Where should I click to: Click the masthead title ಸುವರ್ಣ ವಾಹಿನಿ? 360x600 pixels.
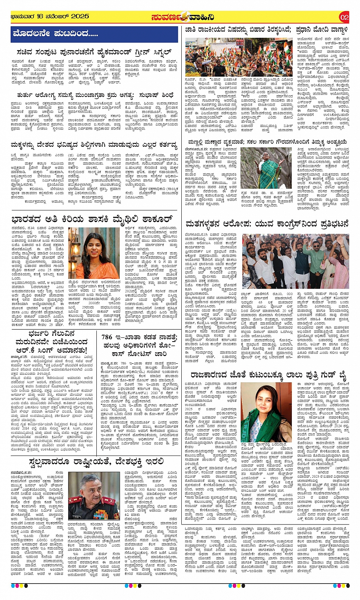pyautogui.click(x=183, y=17)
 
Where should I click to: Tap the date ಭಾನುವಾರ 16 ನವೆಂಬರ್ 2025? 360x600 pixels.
pyautogui.click(x=50, y=16)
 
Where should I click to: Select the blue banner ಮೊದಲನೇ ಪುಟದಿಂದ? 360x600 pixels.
pyautogui.click(x=94, y=34)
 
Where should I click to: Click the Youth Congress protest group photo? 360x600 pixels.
pyautogui.click(x=295, y=261)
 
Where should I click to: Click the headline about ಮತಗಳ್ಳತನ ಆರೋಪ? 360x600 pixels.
pyautogui.click(x=267, y=224)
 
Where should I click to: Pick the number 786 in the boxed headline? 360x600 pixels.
pyautogui.click(x=107, y=337)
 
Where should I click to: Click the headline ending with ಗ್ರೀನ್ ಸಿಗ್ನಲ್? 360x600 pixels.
pyautogui.click(x=94, y=51)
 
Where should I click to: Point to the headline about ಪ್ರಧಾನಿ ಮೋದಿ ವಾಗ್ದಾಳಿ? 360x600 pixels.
pyautogui.click(x=267, y=30)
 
